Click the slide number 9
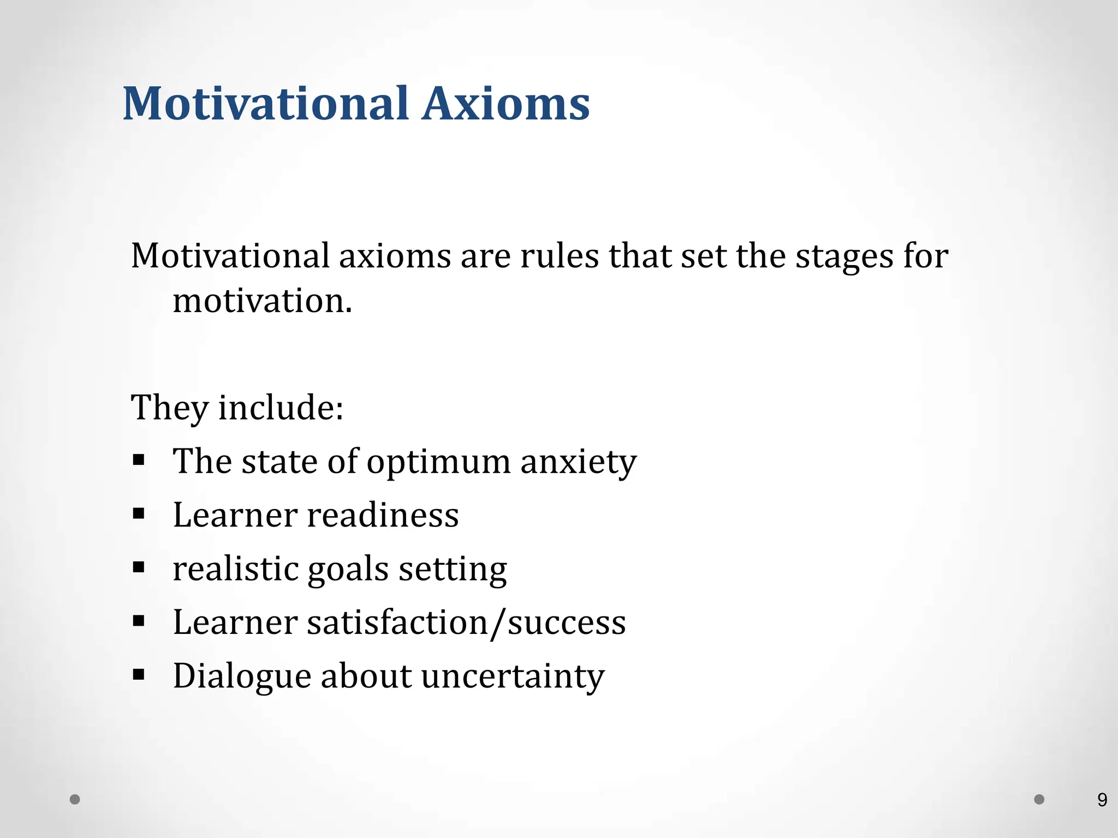tap(1102, 800)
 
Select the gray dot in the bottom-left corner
tap(75, 800)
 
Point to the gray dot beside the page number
tap(1039, 799)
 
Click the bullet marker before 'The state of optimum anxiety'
tap(139, 460)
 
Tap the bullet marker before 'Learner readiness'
tap(139, 513)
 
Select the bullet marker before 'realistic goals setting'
tap(139, 567)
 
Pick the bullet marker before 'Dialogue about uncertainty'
tap(139, 675)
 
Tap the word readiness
tap(382, 515)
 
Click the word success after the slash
tap(567, 622)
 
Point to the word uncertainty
tap(513, 677)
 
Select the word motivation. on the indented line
tap(263, 301)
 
